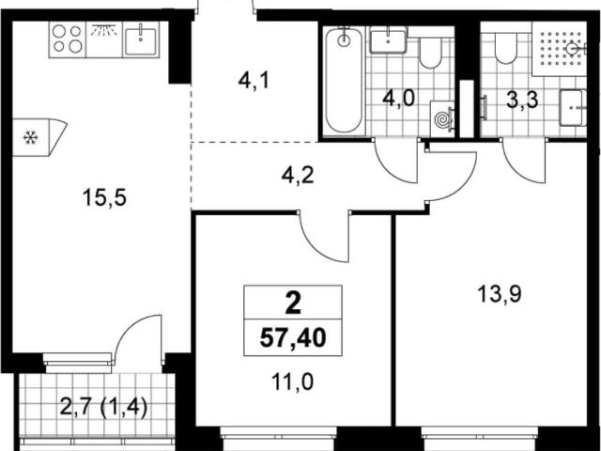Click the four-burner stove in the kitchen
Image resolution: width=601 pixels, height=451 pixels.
click(x=68, y=39)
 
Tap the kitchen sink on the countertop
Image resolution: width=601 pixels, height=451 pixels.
click(x=141, y=39)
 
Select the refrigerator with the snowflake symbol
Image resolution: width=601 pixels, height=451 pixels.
click(x=39, y=137)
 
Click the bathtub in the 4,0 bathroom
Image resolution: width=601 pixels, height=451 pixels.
click(x=345, y=81)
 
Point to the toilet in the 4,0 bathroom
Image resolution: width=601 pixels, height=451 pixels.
click(x=431, y=52)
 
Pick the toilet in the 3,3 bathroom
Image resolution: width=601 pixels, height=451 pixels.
click(x=505, y=47)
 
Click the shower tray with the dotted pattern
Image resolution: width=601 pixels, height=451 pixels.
click(x=560, y=48)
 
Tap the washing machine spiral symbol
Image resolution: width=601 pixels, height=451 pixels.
click(x=443, y=119)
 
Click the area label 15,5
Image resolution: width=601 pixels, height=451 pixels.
click(x=104, y=198)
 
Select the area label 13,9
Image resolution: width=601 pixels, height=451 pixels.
click(x=500, y=295)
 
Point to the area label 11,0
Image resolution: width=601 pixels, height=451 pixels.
click(x=292, y=382)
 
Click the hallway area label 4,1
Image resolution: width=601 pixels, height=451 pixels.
click(x=254, y=82)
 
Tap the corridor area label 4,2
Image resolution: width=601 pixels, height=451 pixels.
click(x=298, y=176)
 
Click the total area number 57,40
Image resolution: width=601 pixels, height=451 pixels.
click(x=293, y=338)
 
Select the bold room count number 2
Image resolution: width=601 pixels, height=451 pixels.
click(x=293, y=304)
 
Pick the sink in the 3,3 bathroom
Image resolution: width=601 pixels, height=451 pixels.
click(x=573, y=108)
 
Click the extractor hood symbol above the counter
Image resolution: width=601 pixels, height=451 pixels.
click(x=104, y=30)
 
